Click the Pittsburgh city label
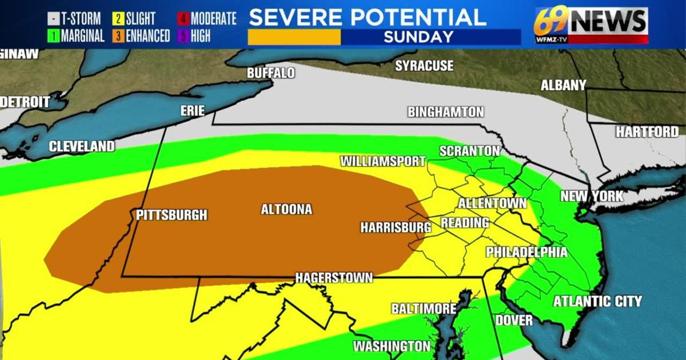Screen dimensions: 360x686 (x=171, y=215)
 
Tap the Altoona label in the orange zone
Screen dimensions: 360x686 (x=286, y=210)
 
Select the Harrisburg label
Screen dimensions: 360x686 (x=395, y=227)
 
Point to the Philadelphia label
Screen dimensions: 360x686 (x=527, y=253)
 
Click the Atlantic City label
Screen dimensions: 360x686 (x=597, y=301)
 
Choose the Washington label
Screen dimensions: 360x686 (x=391, y=346)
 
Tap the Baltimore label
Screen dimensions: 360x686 (x=423, y=309)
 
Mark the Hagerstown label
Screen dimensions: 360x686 (x=334, y=278)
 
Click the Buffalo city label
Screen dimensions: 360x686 (x=270, y=73)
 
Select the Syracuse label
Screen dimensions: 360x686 (x=424, y=66)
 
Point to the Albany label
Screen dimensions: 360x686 (x=564, y=85)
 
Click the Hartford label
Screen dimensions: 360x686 (x=647, y=132)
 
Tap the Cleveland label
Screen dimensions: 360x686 (x=81, y=146)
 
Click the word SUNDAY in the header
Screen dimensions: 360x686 (x=418, y=37)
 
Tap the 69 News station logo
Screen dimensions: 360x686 (x=591, y=24)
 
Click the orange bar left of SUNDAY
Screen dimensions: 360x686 (x=294, y=37)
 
